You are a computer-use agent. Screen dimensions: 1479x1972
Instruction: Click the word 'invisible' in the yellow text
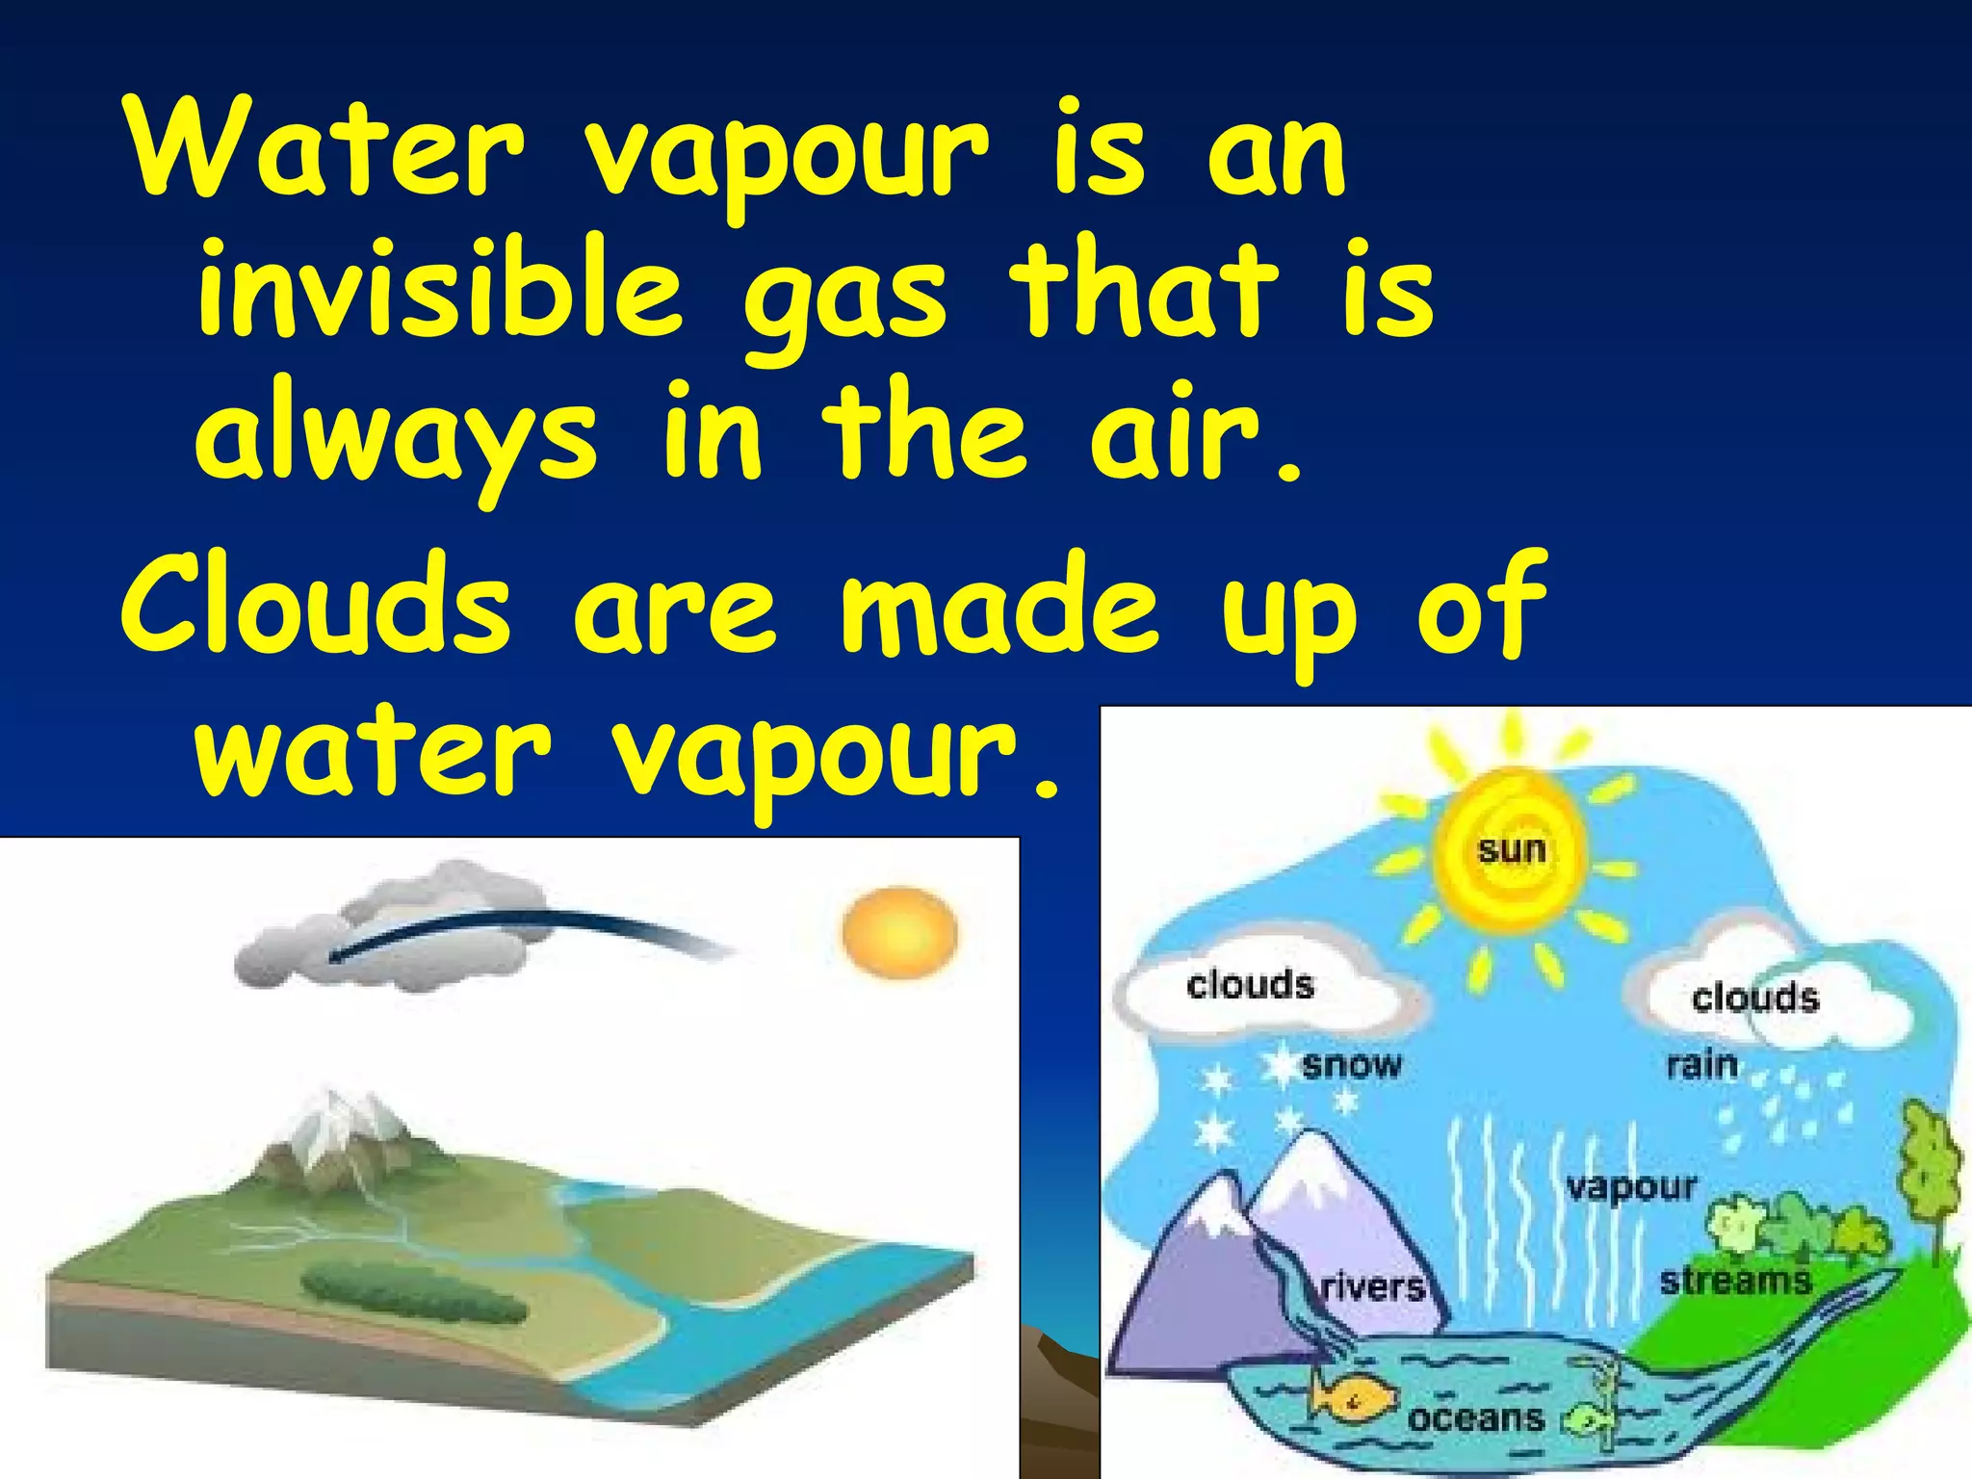pyautogui.click(x=438, y=289)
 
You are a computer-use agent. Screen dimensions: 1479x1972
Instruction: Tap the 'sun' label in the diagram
pyautogui.click(x=1511, y=849)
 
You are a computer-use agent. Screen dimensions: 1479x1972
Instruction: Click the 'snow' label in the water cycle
pyautogui.click(x=1351, y=1065)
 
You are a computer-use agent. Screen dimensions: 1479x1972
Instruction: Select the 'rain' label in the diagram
pyautogui.click(x=1701, y=1065)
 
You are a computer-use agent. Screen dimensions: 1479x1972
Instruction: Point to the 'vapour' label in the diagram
pyautogui.click(x=1631, y=1186)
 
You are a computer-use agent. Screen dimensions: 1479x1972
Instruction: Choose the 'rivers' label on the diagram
pyautogui.click(x=1372, y=1286)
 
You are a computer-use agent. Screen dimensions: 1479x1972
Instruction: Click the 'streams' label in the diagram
pyautogui.click(x=1735, y=1281)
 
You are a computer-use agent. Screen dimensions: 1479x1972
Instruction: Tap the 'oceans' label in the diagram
pyautogui.click(x=1475, y=1417)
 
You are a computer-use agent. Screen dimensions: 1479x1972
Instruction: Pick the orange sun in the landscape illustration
pyautogui.click(x=899, y=933)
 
